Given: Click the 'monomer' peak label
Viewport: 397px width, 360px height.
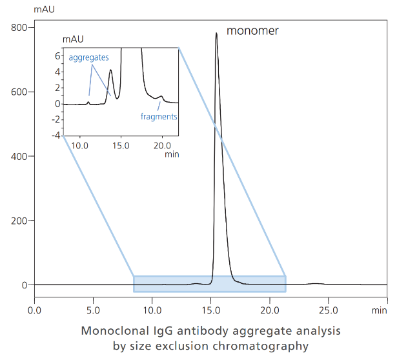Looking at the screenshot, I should pos(252,30).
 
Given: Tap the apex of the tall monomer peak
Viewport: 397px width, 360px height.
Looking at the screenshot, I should pos(216,33).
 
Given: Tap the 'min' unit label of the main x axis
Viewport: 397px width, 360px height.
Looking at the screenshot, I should pos(379,310).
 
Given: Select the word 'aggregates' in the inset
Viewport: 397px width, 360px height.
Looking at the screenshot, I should pos(88,57).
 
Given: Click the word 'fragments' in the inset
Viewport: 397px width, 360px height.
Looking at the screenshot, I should pos(159,117).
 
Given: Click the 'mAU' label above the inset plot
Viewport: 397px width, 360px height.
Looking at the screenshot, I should pos(73,39).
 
